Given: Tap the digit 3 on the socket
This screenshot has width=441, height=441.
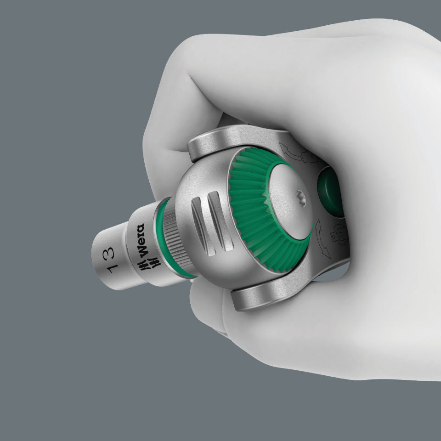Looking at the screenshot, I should coord(109,252).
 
